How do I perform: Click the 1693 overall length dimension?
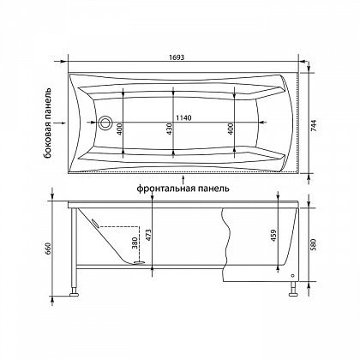(177, 57)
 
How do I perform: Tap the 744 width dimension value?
(314, 125)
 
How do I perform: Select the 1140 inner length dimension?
(183, 117)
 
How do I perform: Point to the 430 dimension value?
(169, 129)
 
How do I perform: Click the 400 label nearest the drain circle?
(119, 129)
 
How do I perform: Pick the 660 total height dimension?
(48, 249)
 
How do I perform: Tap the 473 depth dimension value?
(148, 236)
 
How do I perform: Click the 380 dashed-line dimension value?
(135, 243)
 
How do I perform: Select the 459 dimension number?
(273, 236)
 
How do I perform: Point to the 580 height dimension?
(314, 245)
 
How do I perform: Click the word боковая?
(48, 140)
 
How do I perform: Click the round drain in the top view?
(105, 123)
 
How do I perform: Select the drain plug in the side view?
(140, 261)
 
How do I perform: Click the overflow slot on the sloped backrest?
(95, 223)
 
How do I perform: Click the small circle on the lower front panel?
(292, 276)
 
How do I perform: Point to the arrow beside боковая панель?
(62, 123)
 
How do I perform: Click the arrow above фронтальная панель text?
(183, 180)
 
